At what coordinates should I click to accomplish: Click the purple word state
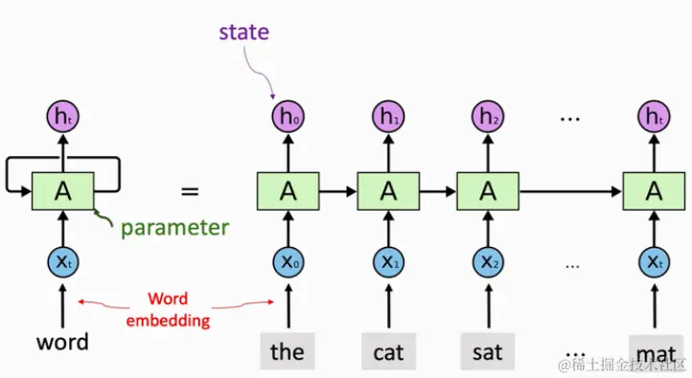(243, 33)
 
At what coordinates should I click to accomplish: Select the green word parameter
(173, 227)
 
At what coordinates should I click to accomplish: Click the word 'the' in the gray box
(287, 351)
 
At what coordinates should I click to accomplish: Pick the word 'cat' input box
(388, 351)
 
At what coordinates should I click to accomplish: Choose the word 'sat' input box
(487, 351)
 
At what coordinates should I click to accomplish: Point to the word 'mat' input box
(656, 351)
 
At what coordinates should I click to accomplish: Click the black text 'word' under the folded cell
(62, 342)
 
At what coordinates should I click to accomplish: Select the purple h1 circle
(388, 118)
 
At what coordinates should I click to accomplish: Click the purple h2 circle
(487, 118)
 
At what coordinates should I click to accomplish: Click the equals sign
(190, 190)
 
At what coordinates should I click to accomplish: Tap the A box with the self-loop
(63, 191)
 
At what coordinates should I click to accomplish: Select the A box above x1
(388, 191)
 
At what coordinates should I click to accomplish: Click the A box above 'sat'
(487, 191)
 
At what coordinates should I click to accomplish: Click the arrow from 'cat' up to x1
(388, 305)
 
